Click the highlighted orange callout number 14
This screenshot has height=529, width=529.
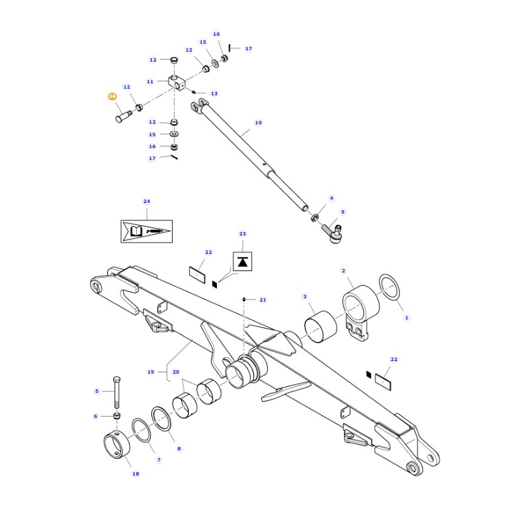112,97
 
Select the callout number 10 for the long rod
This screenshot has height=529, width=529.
258,122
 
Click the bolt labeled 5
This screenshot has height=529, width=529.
117,393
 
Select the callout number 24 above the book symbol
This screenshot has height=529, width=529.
147,201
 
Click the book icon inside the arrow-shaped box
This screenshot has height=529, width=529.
136,231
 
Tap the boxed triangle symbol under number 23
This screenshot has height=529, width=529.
243,261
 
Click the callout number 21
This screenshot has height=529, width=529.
263,300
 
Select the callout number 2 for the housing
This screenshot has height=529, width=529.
343,270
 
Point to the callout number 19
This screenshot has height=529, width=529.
151,372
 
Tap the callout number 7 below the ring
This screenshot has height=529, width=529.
159,460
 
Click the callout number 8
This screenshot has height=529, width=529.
179,448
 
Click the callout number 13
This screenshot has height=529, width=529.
214,94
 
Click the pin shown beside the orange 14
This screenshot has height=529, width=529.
123,118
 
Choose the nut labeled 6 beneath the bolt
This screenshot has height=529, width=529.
117,415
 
